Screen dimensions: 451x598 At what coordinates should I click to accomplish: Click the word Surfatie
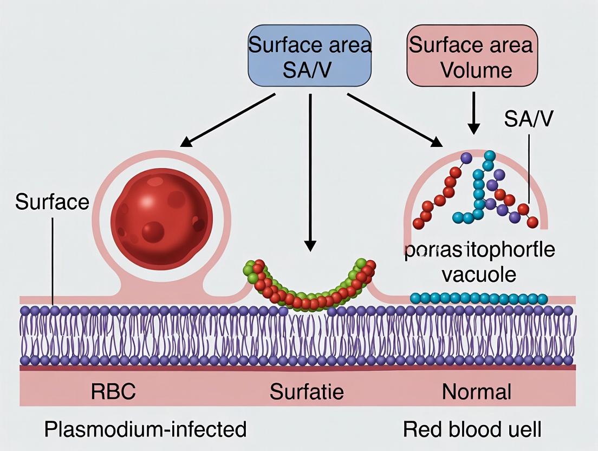(307, 391)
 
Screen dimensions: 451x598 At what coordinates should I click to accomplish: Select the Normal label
(476, 391)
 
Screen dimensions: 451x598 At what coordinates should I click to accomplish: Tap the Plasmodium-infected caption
(145, 429)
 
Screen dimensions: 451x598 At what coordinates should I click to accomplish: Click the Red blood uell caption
(472, 429)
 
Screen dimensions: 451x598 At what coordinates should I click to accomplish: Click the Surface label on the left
(52, 202)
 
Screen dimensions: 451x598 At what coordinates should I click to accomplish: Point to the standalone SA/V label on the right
(529, 119)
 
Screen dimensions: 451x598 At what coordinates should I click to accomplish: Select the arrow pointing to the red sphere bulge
(227, 120)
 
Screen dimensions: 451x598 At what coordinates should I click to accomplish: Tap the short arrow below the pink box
(474, 113)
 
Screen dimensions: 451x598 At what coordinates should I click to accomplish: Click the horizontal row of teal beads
(479, 299)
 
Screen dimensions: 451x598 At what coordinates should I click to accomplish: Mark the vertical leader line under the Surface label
(53, 260)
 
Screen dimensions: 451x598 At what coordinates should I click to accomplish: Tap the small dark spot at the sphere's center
(153, 232)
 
